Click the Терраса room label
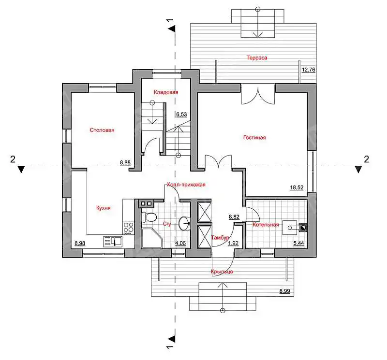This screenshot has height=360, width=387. pos(257,58)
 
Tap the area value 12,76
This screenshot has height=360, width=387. pos(309,70)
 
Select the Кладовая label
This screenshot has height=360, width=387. pos(166,92)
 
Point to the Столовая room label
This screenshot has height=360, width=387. pos(102,130)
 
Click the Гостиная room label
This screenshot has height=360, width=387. pos(254,138)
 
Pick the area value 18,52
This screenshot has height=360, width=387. pos(297,187)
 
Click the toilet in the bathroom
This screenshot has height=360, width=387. pos(149,217)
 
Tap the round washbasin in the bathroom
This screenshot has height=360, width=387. pos(184,223)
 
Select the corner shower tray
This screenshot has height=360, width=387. pos(151,238)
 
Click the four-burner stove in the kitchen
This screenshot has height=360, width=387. pos(128,228)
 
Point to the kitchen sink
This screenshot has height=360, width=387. pos(113,242)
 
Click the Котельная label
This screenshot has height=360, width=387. pos(266,225)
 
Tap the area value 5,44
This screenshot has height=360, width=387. pos(298,244)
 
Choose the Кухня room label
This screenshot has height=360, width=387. pos(104,208)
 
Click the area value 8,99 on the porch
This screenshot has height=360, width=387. pos(284,291)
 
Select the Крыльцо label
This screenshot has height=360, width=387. pos(222,272)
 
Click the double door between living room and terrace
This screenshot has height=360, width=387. pos(258,94)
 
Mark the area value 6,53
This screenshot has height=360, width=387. pos(181,115)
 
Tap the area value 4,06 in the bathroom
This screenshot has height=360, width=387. pos(180,243)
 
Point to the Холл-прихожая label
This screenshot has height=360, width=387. pos(186,185)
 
